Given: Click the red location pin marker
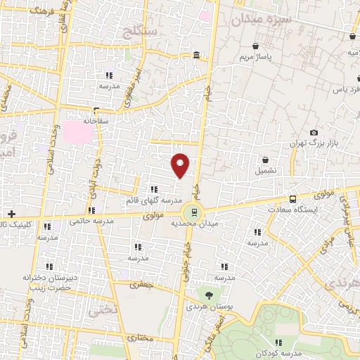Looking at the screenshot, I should point(181,165).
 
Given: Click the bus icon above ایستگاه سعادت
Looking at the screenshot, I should point(292,199).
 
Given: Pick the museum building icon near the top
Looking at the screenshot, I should point(195,56).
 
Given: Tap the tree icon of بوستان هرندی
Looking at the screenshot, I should point(208,295).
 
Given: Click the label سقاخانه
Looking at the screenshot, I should point(93,121).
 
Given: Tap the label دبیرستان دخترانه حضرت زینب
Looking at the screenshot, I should point(48,283).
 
